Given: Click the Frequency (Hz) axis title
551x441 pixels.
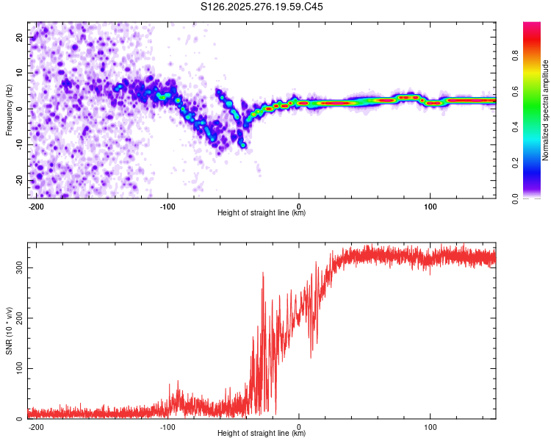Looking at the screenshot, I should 9,110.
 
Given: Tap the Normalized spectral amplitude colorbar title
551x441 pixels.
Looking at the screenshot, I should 546,110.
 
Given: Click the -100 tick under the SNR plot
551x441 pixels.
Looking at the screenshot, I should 168,426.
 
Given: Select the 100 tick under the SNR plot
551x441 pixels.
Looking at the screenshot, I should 430,426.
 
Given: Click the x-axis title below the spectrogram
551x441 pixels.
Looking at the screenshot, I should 262,213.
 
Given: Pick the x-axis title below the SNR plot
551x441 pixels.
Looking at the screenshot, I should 262,434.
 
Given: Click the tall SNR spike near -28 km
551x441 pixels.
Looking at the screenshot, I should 262,274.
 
